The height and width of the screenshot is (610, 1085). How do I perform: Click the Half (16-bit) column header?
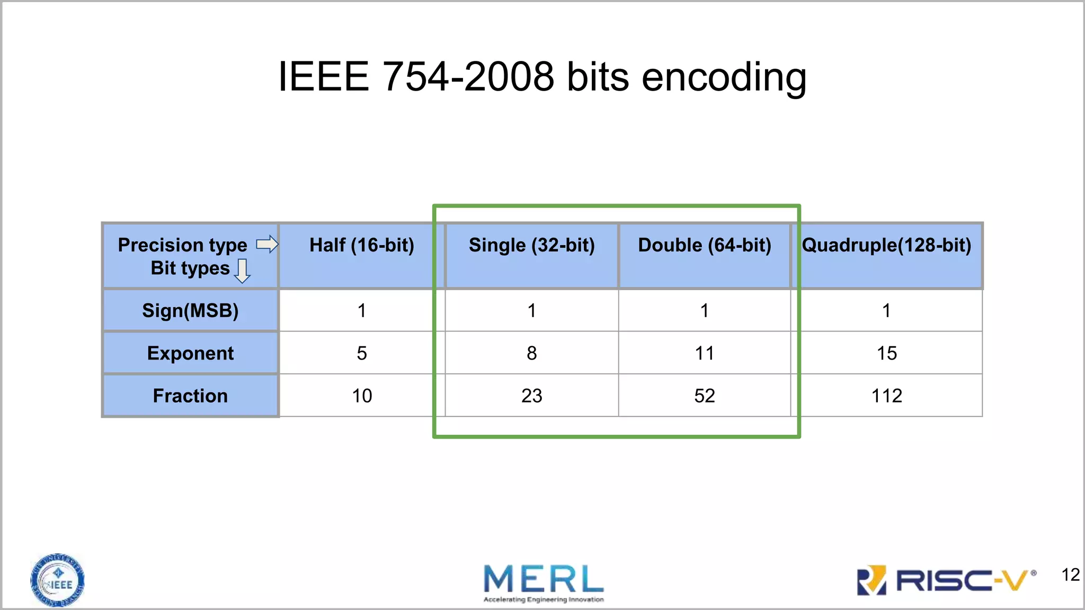pyautogui.click(x=362, y=245)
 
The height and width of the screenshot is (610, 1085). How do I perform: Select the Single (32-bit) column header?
pyautogui.click(x=532, y=245)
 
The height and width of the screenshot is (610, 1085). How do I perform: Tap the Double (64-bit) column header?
pyautogui.click(x=705, y=245)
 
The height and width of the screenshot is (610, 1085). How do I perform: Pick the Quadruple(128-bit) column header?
pyautogui.click(x=887, y=245)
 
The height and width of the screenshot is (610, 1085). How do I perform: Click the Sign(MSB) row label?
pyautogui.click(x=190, y=310)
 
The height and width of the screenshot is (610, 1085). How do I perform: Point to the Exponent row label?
pyautogui.click(x=190, y=353)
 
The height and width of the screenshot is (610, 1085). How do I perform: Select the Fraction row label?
pyautogui.click(x=190, y=396)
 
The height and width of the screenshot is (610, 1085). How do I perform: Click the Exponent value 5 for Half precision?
pyautogui.click(x=362, y=353)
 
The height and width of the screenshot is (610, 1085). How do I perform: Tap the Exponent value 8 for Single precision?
pyautogui.click(x=532, y=353)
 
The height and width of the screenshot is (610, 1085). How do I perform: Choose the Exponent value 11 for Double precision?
pyautogui.click(x=705, y=353)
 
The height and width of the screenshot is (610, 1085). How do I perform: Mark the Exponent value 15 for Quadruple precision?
pyautogui.click(x=887, y=353)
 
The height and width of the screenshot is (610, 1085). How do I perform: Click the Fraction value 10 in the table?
pyautogui.click(x=362, y=396)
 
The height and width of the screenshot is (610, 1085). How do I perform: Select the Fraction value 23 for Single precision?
pyautogui.click(x=532, y=396)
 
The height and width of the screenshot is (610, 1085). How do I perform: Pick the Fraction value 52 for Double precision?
pyautogui.click(x=705, y=396)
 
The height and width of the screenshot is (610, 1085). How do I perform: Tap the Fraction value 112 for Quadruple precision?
pyautogui.click(x=887, y=396)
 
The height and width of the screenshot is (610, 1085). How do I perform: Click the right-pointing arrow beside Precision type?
pyautogui.click(x=268, y=244)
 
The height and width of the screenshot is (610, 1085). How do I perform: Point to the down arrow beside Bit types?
pyautogui.click(x=242, y=271)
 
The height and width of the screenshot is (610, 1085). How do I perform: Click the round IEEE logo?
pyautogui.click(x=57, y=580)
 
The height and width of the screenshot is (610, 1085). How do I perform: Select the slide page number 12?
pyautogui.click(x=1070, y=575)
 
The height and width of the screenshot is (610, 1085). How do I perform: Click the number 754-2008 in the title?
pyautogui.click(x=468, y=77)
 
